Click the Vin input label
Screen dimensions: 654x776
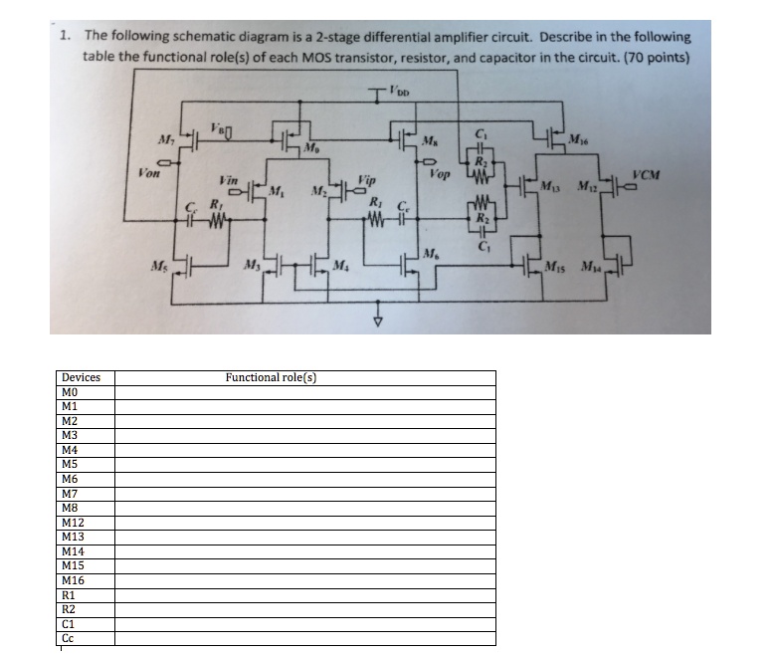227,181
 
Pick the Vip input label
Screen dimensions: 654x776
367,182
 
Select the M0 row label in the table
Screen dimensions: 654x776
70,392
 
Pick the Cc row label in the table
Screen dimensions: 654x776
68,638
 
